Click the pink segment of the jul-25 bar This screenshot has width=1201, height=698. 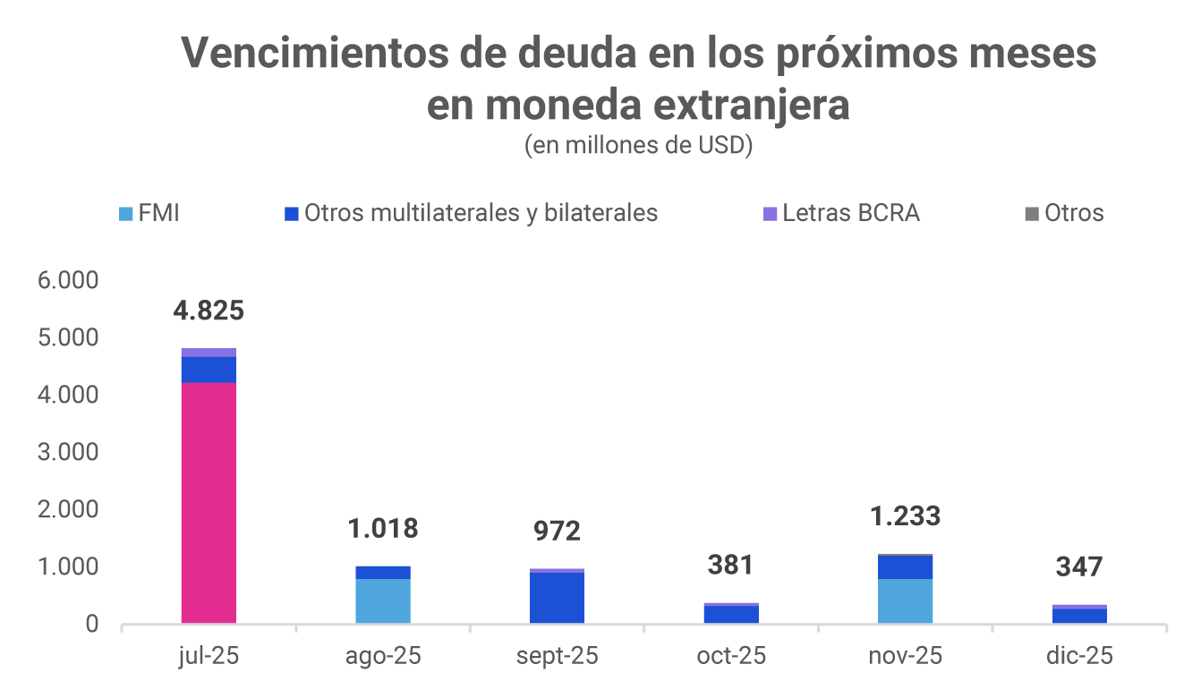(209, 502)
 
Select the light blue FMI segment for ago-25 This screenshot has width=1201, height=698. (383, 600)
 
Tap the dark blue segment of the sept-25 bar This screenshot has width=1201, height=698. (557, 597)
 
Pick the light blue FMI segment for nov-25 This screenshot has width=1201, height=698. (905, 600)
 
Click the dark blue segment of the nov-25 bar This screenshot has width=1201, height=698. (905, 567)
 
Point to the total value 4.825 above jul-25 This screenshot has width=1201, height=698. (209, 311)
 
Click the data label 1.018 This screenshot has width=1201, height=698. (383, 528)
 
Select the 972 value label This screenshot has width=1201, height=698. (557, 532)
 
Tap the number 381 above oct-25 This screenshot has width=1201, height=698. (730, 565)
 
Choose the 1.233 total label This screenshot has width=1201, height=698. (906, 516)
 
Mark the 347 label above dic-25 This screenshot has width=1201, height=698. (1078, 567)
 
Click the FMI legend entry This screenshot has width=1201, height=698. (149, 214)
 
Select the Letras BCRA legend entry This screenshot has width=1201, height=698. (841, 214)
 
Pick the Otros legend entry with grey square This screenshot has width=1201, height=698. (1064, 214)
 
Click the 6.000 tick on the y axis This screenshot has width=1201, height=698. (67, 281)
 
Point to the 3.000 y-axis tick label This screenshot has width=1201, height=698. (67, 453)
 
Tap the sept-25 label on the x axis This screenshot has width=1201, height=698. (557, 656)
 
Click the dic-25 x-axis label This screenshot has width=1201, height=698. (1079, 656)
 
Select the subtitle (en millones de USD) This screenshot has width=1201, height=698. (638, 145)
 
